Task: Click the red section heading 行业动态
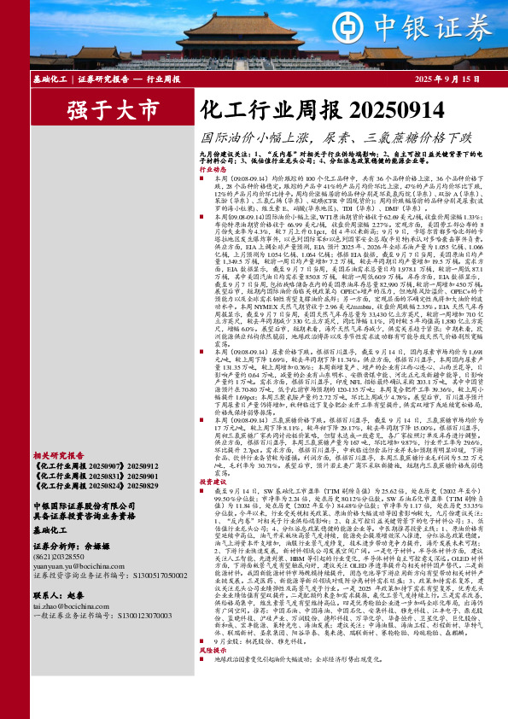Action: pyautogui.click(x=213, y=170)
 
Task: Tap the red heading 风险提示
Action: pyautogui.click(x=213, y=696)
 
